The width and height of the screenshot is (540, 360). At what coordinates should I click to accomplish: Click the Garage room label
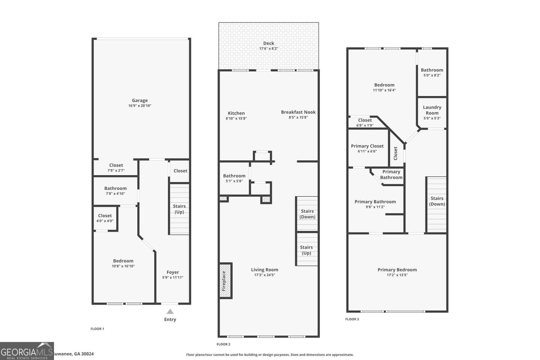coord(139,101)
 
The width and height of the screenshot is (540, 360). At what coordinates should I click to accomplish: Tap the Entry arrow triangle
coord(170,311)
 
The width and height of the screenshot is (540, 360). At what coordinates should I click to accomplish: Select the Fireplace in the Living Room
coord(225,280)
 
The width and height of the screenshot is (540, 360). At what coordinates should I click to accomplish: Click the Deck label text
coord(269,44)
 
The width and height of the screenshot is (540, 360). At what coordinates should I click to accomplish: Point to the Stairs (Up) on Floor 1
coord(179,209)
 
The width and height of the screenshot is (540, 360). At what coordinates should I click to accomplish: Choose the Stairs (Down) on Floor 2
coord(307,214)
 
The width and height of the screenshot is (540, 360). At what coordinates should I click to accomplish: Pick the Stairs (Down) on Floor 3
coord(436,201)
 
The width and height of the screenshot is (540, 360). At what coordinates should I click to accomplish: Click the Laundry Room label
coord(432,110)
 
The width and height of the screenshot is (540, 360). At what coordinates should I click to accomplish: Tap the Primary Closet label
coord(367,146)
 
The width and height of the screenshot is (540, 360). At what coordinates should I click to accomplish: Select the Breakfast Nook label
coord(298,112)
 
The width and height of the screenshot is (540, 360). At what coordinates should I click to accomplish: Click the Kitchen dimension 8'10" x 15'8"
coord(236,118)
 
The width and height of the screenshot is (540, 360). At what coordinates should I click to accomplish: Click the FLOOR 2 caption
coord(223,344)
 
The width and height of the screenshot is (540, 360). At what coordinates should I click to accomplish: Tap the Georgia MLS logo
coord(27,351)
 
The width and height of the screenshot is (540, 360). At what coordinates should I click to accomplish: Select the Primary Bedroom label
coord(397,270)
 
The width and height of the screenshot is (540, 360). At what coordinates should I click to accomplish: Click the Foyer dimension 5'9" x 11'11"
coord(172,278)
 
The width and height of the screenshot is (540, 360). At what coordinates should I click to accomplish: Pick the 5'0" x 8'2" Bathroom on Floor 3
coord(432,72)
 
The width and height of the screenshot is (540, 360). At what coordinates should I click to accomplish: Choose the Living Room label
coord(265,270)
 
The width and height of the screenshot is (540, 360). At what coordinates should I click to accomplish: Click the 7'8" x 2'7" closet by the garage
coord(116,168)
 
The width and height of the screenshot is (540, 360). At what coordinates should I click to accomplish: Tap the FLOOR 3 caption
coord(352,319)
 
